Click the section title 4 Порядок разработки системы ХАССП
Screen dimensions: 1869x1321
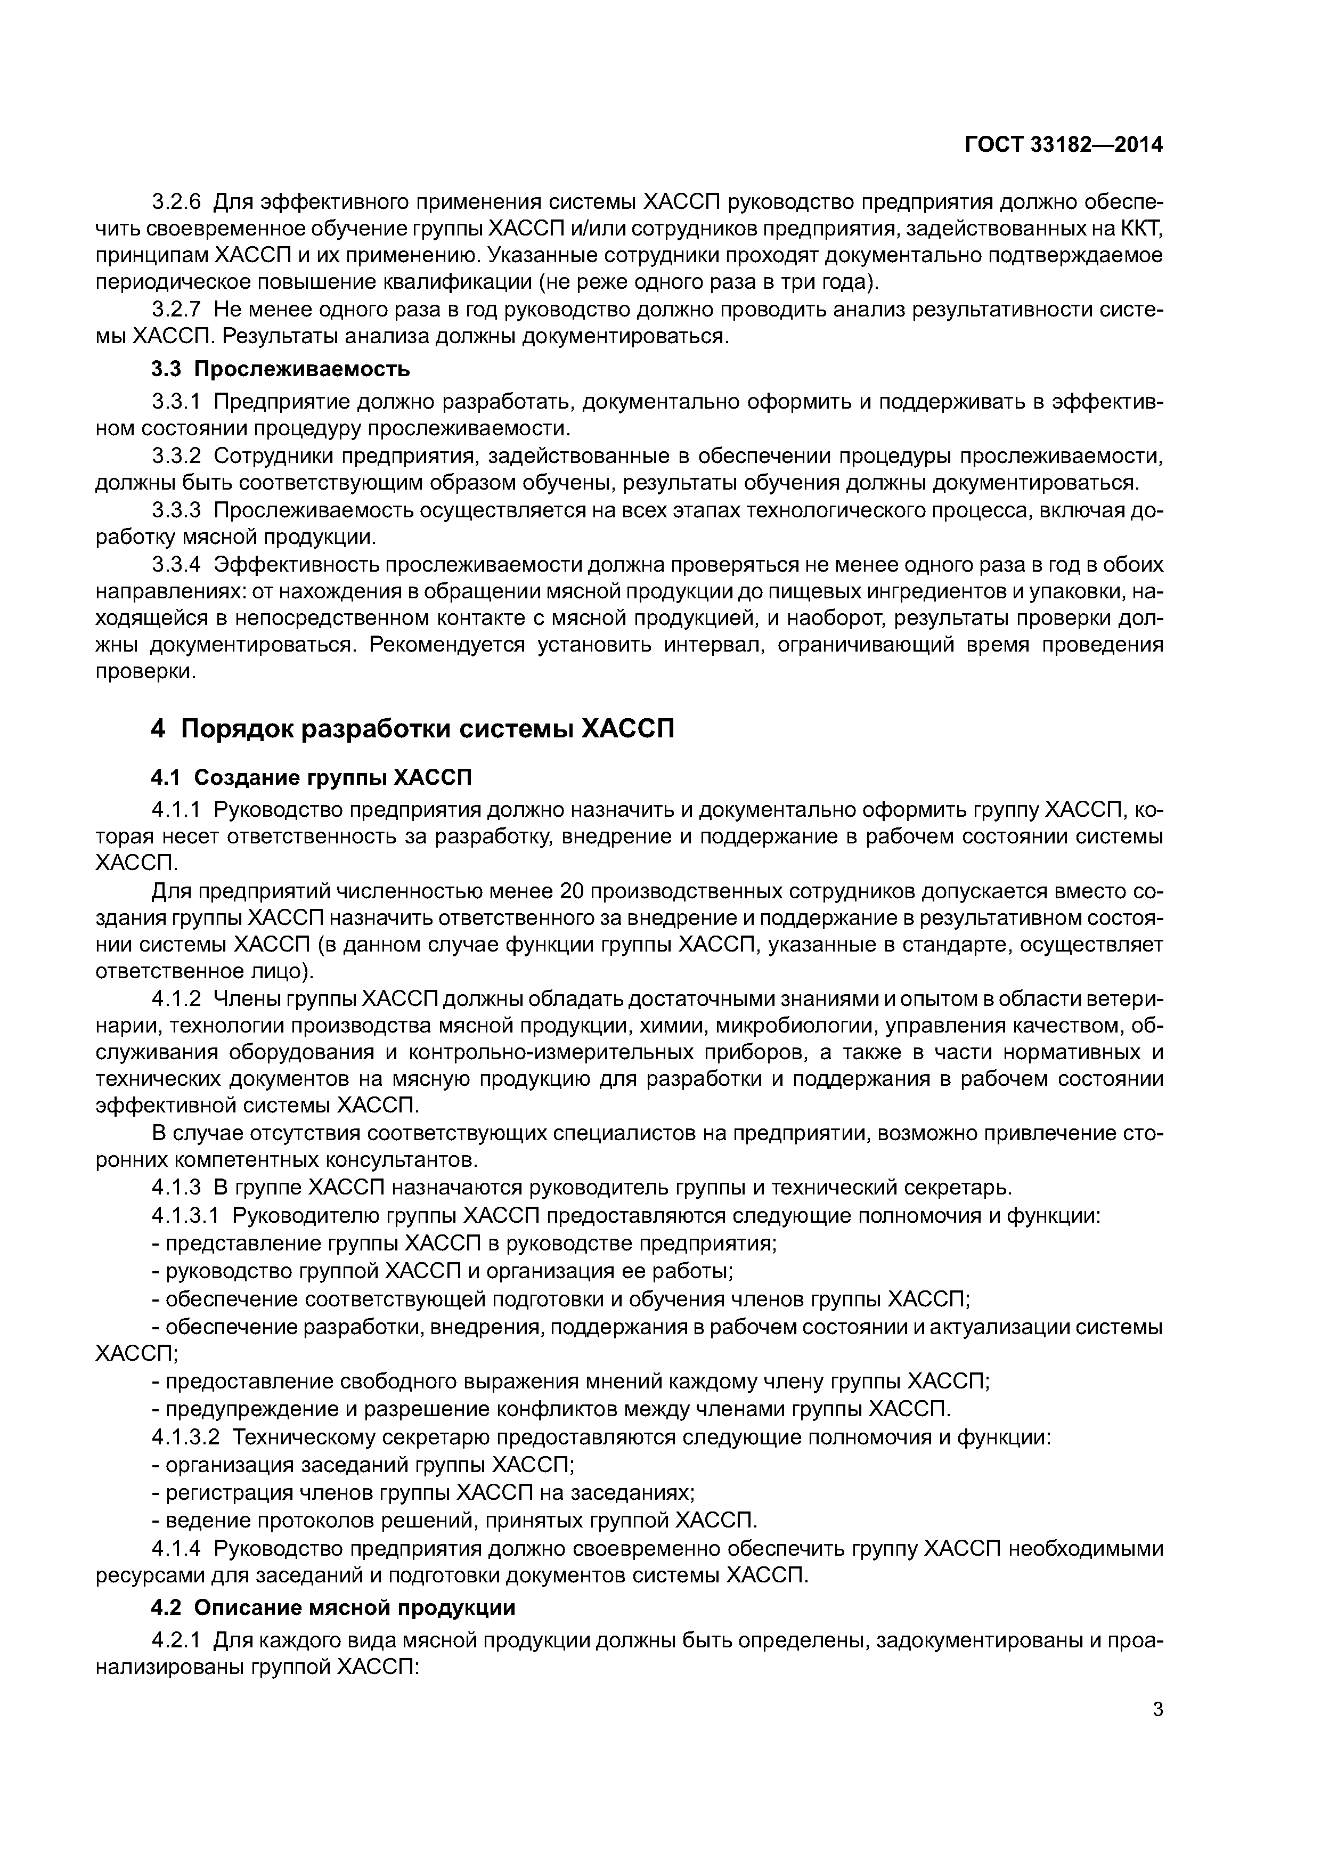pyautogui.click(x=413, y=728)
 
